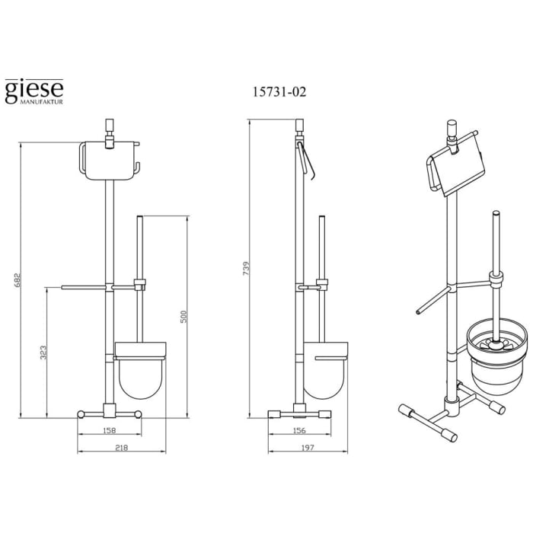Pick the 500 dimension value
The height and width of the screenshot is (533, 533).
pos(184,316)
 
